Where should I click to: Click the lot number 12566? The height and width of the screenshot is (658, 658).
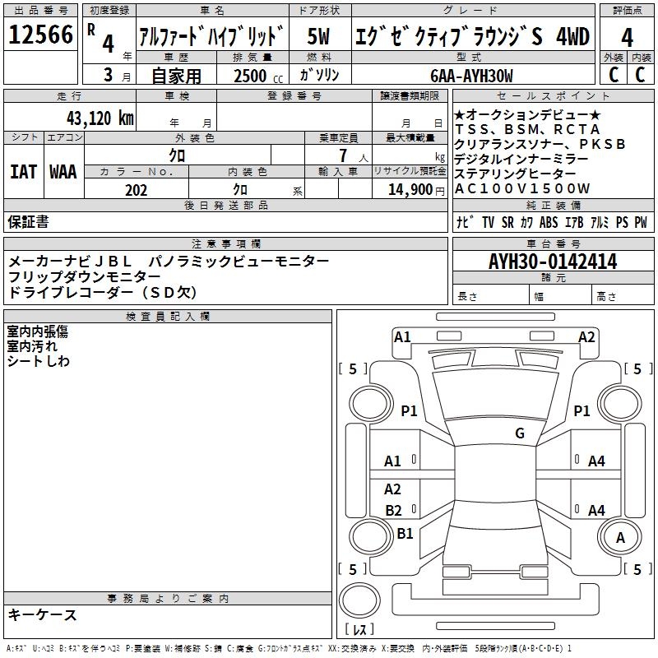click(x=41, y=37)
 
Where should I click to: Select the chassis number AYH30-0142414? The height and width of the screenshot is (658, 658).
click(x=553, y=262)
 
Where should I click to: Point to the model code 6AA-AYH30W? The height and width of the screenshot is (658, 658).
click(x=471, y=76)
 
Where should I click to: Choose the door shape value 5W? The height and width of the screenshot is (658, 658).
click(x=319, y=37)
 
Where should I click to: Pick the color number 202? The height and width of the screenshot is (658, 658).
click(x=136, y=190)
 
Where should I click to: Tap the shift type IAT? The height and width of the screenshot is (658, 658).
click(x=23, y=172)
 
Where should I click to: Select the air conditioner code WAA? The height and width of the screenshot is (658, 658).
click(x=63, y=172)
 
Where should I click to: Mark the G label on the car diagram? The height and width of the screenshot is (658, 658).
click(x=519, y=433)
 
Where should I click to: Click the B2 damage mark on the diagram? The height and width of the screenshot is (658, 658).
click(x=394, y=511)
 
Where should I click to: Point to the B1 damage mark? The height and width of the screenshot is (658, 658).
click(x=405, y=534)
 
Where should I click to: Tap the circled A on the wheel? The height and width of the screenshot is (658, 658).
click(x=620, y=537)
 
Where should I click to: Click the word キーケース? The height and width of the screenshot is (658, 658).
click(x=43, y=615)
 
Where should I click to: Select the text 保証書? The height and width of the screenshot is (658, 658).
click(x=28, y=222)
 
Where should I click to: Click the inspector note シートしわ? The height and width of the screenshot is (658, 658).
click(x=39, y=361)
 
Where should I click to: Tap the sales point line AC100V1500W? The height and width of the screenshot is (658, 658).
click(x=522, y=189)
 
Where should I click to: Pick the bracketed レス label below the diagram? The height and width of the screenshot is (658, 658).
click(x=359, y=630)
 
